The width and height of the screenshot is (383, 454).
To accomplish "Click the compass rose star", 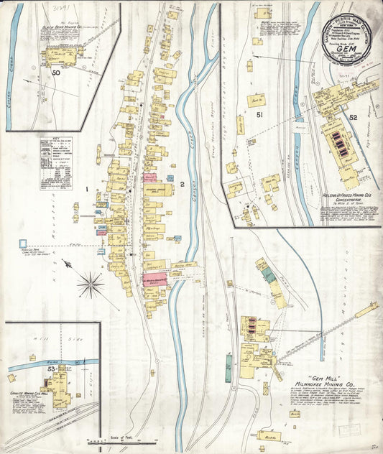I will tap(91, 285).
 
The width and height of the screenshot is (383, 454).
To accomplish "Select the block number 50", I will tap(55, 73).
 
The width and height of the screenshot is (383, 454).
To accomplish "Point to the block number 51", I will tap(259, 115).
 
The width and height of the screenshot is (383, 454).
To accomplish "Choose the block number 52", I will tap(353, 117).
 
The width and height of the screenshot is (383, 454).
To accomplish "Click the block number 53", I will tap(50, 369).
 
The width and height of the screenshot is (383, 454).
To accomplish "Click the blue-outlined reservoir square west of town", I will tap(23, 244).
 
